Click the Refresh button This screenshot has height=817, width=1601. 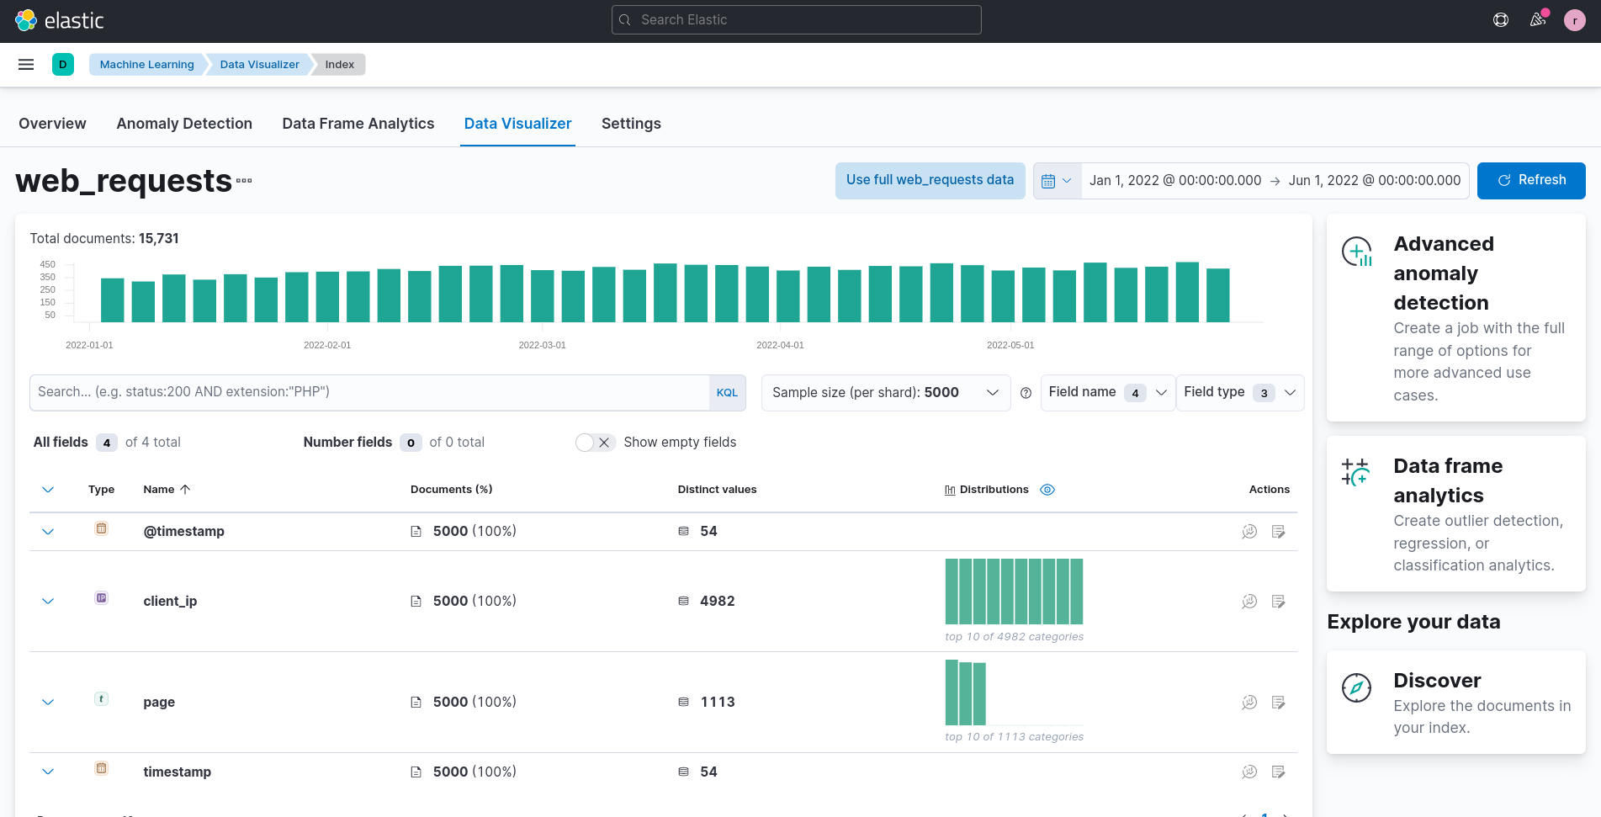pos(1530,180)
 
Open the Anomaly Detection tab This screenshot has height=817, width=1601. pos(184,124)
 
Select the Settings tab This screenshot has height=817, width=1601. pos(631,124)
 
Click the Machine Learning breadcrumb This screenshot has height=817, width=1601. pos(146,65)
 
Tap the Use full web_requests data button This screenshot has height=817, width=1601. pos(930,180)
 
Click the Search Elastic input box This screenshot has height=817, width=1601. pos(796,20)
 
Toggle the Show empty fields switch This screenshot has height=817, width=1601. pos(595,443)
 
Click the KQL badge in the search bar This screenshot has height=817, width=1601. pos(727,393)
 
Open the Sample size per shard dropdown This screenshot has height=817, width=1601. pos(885,393)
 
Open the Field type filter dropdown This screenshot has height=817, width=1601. pos(1239,393)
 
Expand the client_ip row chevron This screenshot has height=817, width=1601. pos(48,602)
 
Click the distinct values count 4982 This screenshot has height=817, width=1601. pos(717,602)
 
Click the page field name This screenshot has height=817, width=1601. pos(159,703)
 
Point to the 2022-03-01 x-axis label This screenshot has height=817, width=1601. pos(542,345)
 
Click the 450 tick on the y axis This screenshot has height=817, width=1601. pos(48,264)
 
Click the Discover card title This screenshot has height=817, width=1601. pos(1436,681)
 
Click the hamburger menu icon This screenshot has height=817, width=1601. pos(26,65)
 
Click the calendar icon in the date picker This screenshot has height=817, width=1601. pos(1048,181)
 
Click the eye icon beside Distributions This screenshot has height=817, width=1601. pos(1047,490)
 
